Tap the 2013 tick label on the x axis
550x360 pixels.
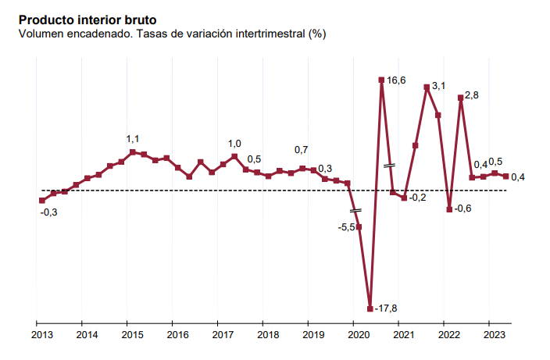click(x=41, y=335)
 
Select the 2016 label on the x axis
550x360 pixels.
click(x=177, y=335)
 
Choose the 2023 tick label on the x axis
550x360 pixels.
click(x=494, y=335)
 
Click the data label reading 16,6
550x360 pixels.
click(x=396, y=80)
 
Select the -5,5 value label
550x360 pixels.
click(x=346, y=227)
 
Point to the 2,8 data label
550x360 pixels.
click(x=472, y=96)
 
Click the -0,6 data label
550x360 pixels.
click(x=463, y=209)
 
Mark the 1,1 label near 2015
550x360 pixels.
click(x=133, y=139)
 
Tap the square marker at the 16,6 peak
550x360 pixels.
click(x=381, y=80)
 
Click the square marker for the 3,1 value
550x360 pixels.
click(x=427, y=87)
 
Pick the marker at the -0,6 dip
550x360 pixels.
click(x=449, y=209)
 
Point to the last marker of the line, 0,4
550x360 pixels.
click(x=505, y=176)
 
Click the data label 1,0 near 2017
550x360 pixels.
click(x=234, y=144)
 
